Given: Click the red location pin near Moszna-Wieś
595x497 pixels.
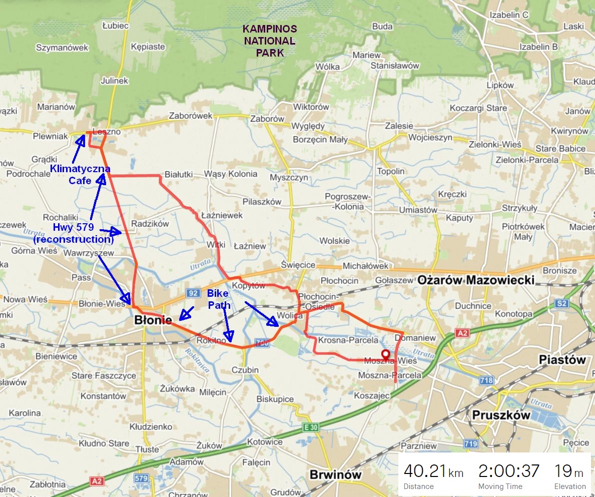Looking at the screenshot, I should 386,355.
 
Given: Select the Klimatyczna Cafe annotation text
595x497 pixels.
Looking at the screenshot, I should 80,174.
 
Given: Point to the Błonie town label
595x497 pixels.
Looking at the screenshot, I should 154,320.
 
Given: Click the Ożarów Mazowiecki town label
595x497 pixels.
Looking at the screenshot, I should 476,280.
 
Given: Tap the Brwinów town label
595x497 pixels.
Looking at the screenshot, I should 335,474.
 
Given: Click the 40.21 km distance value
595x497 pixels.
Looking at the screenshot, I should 433,471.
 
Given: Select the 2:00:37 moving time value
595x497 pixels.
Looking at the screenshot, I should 509,471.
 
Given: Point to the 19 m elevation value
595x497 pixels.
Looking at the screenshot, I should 569,471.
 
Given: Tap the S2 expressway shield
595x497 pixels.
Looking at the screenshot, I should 562,303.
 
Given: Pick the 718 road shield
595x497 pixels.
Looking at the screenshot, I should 486,381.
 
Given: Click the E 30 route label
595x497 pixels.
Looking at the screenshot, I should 310,427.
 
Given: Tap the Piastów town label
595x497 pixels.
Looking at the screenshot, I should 562,360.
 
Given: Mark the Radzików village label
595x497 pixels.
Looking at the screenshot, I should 150,224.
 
